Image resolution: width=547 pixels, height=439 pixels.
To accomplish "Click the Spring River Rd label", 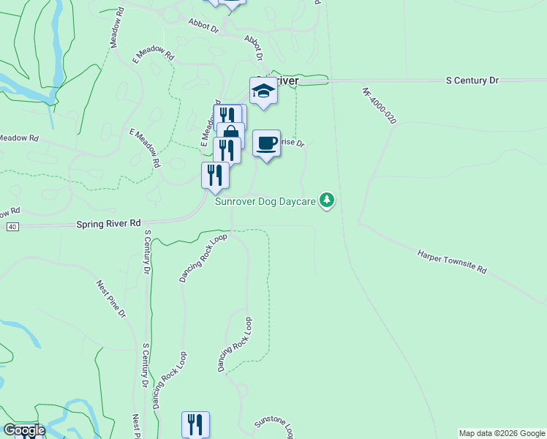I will click(x=108, y=223).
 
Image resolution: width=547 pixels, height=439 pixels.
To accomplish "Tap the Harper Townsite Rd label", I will click(x=452, y=261).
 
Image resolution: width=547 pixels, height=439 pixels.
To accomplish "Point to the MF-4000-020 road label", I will click(x=379, y=106).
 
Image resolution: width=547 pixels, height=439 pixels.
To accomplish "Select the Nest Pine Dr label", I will click(x=112, y=299).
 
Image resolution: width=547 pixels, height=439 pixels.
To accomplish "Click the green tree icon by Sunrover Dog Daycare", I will click(x=327, y=200).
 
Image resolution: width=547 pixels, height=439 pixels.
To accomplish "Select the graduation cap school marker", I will click(x=263, y=91).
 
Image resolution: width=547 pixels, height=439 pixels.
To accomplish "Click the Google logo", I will click(x=23, y=430).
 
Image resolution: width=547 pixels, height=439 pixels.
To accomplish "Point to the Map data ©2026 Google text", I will click(x=502, y=433).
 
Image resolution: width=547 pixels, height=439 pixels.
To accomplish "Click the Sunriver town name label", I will click(x=282, y=80).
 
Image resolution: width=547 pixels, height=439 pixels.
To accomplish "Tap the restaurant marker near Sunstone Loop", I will click(x=195, y=424).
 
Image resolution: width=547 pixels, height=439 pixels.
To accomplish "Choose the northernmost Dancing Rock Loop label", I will click(x=203, y=258).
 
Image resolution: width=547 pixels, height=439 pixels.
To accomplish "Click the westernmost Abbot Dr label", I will click(x=203, y=27).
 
